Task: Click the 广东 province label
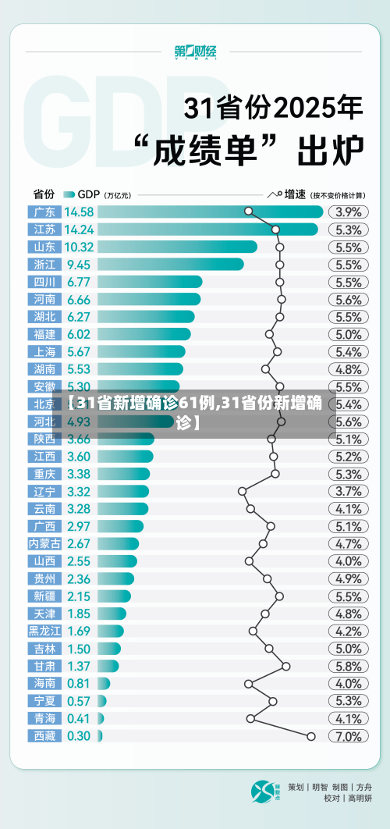tap(44, 212)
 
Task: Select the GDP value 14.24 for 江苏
tap(80, 229)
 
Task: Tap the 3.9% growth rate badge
tap(348, 212)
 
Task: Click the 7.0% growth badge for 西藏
tap(348, 736)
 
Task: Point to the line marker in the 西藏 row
tap(311, 735)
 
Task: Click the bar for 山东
tap(179, 247)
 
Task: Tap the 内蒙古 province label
tap(44, 543)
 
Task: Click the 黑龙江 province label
tap(44, 631)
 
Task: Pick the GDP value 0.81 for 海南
tap(78, 683)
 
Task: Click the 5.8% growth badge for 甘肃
tap(348, 666)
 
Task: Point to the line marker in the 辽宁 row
tap(242, 491)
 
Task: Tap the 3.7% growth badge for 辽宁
tap(348, 491)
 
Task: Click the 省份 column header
tap(44, 194)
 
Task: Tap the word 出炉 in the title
tap(331, 150)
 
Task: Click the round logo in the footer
tap(264, 792)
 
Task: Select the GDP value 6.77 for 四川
tap(79, 282)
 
